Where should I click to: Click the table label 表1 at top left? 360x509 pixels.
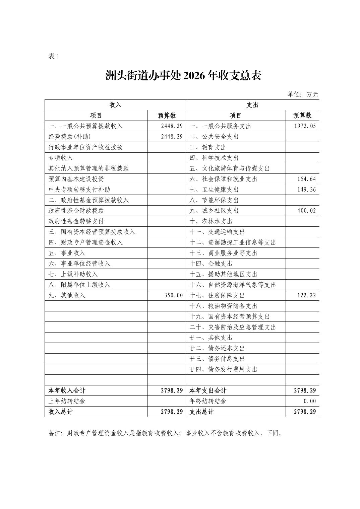(54, 56)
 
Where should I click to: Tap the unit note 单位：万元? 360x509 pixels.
(303, 94)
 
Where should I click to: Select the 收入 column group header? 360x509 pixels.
(115, 105)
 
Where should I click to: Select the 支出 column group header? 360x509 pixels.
(252, 105)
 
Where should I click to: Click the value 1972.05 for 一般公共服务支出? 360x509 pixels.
(305, 126)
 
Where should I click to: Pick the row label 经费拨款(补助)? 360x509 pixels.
(70, 137)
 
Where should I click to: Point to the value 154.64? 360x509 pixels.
(306, 179)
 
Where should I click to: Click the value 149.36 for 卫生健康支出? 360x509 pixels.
(306, 190)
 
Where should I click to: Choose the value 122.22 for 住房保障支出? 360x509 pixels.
(306, 295)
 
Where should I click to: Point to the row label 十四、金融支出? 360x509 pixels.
(211, 264)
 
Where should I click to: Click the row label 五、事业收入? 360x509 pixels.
(67, 253)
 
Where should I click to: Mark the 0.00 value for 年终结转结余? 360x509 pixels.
(310, 401)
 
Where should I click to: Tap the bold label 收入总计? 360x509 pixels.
(61, 412)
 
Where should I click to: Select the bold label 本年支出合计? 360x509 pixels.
(208, 390)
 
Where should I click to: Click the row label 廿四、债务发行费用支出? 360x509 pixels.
(223, 369)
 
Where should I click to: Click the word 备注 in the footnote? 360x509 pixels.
(55, 433)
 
